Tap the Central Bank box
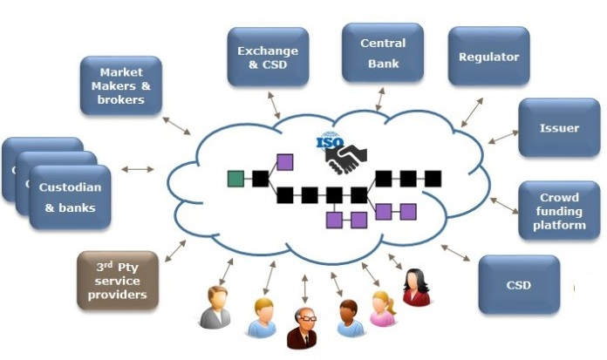[x=383, y=53]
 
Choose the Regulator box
[x=488, y=57]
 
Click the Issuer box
[x=559, y=127]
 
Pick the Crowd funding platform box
[x=559, y=210]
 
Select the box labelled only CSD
[x=518, y=284]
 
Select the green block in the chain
[x=235, y=179]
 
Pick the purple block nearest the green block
[x=284, y=161]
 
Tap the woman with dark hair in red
[x=415, y=288]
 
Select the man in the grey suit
[x=215, y=307]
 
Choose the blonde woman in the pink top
[x=382, y=308]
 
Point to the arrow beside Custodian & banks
[x=137, y=168]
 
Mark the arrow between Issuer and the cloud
[x=503, y=137]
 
